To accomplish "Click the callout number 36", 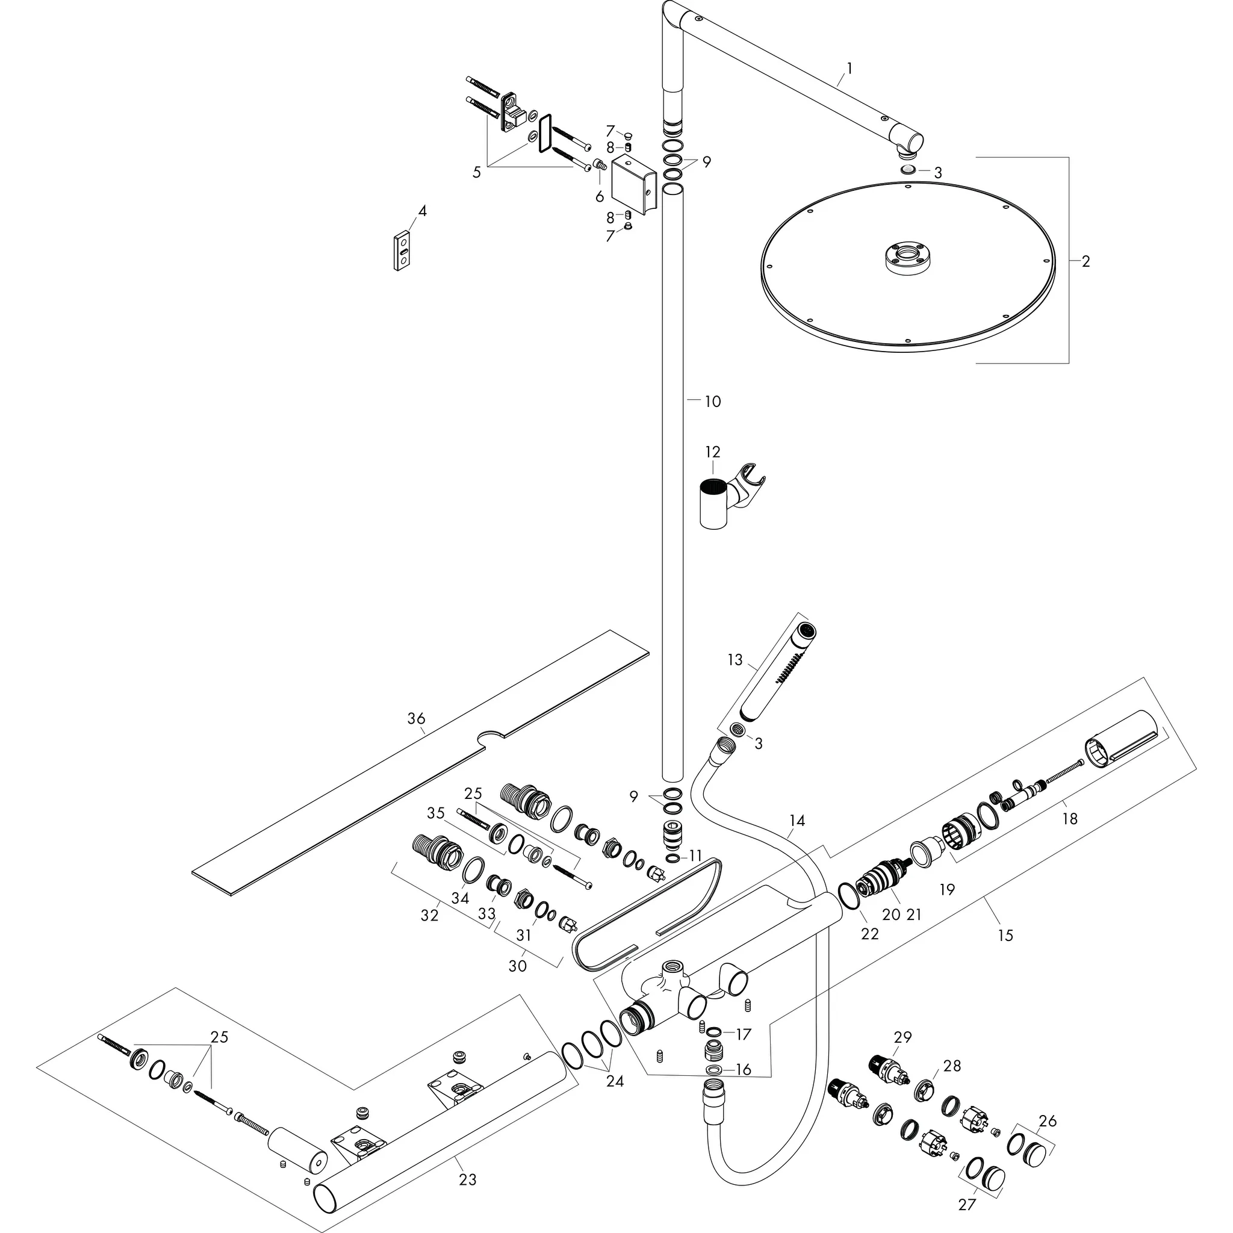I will pyautogui.click(x=416, y=719).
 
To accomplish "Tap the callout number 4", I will pyautogui.click(x=422, y=211).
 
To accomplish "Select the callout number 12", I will pyautogui.click(x=712, y=452).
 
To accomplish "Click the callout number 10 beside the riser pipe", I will pyautogui.click(x=712, y=402).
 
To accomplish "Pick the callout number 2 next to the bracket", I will pyautogui.click(x=1085, y=261).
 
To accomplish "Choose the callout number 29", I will pyautogui.click(x=902, y=1037).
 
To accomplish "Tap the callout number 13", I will pyautogui.click(x=735, y=659).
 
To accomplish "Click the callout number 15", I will pyautogui.click(x=1005, y=936).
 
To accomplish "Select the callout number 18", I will pyautogui.click(x=1070, y=819).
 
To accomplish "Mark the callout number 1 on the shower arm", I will pyautogui.click(x=849, y=68).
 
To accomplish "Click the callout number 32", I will pyautogui.click(x=429, y=915).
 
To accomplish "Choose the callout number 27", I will pyautogui.click(x=967, y=1204).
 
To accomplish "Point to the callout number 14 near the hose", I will pyautogui.click(x=797, y=820).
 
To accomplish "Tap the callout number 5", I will pyautogui.click(x=477, y=172).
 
